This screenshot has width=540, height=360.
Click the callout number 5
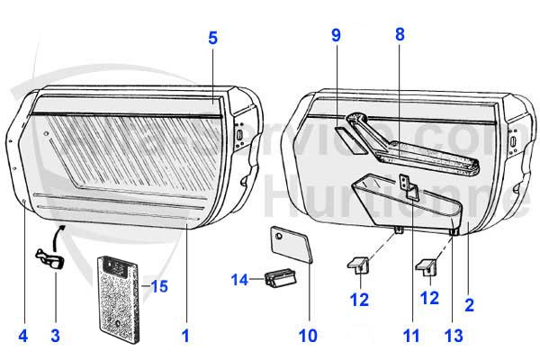(x=213, y=39)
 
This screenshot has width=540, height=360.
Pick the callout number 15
(x=159, y=287)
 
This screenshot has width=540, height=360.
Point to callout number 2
(x=469, y=306)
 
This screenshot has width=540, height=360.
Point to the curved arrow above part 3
(x=59, y=239)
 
